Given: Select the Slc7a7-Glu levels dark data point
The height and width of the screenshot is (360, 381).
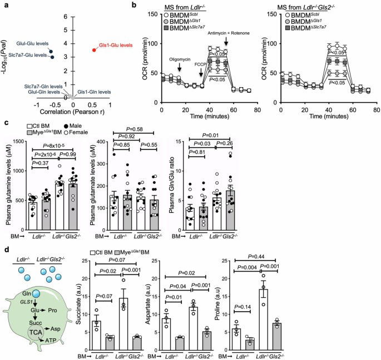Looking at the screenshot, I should coord(52,56).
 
